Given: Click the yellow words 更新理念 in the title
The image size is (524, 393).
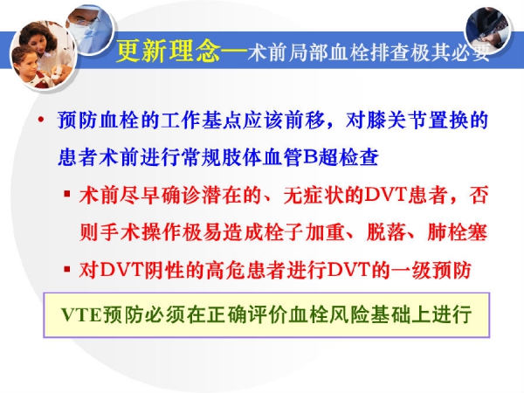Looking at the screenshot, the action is pyautogui.click(x=168, y=51).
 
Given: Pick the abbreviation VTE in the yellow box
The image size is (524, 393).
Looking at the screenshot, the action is pyautogui.click(x=81, y=314).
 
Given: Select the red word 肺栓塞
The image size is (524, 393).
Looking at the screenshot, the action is pyautogui.click(x=458, y=232).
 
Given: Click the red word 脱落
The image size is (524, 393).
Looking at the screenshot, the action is pyautogui.click(x=387, y=232).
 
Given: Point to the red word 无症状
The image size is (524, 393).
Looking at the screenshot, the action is pyautogui.click(x=314, y=195).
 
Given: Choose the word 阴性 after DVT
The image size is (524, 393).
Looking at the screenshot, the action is pyautogui.click(x=164, y=269).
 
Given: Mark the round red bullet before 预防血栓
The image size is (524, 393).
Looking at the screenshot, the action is pyautogui.click(x=41, y=120).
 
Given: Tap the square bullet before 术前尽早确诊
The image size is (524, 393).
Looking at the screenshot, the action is pyautogui.click(x=67, y=194).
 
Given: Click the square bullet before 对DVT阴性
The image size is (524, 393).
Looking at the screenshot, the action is pyautogui.click(x=67, y=268).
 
